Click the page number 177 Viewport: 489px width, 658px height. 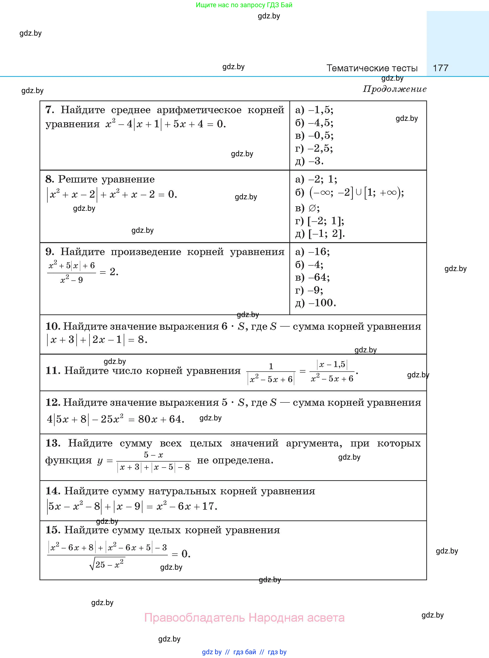[440, 68]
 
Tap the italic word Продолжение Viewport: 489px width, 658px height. [394, 89]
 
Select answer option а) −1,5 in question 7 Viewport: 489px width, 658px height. [314, 110]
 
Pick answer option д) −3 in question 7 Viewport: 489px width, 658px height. [309, 161]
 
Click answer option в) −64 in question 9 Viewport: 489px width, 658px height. [313, 277]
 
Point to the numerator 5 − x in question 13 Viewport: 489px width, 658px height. [153, 455]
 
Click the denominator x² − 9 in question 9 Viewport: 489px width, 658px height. [72, 280]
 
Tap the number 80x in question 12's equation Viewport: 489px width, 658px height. [147, 419]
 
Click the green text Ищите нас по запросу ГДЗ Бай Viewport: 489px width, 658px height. [244, 5]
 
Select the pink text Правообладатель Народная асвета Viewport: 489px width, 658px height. [244, 618]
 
